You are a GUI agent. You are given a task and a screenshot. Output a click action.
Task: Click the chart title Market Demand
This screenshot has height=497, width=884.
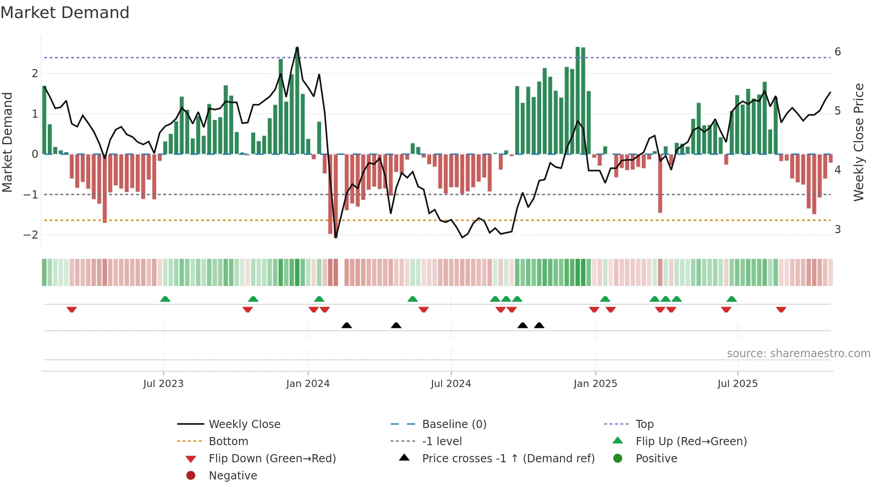click(65, 13)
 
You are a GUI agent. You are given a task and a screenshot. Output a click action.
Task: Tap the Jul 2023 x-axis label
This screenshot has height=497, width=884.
click(163, 384)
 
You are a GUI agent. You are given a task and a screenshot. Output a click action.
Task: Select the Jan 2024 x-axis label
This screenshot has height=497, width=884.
click(308, 384)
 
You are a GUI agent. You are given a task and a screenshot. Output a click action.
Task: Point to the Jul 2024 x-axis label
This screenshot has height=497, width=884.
click(451, 384)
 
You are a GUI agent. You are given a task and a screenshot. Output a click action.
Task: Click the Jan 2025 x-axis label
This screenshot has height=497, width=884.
click(595, 384)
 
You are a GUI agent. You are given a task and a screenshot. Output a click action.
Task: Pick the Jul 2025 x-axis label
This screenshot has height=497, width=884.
click(737, 384)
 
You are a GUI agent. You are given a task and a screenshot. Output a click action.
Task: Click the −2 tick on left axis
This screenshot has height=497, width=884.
click(31, 235)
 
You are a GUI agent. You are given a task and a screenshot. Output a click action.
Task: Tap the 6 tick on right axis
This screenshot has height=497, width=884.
click(838, 52)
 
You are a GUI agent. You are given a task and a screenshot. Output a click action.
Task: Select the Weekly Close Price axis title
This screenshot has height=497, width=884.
click(858, 142)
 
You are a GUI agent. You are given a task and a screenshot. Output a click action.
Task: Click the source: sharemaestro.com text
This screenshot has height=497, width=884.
click(798, 354)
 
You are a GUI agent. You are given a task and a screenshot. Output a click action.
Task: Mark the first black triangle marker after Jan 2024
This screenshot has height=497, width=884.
click(346, 325)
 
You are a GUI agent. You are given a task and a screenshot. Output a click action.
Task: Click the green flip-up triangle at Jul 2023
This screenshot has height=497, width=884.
click(165, 299)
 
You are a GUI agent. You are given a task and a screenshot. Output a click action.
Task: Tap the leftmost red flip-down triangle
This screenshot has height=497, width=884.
click(72, 309)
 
